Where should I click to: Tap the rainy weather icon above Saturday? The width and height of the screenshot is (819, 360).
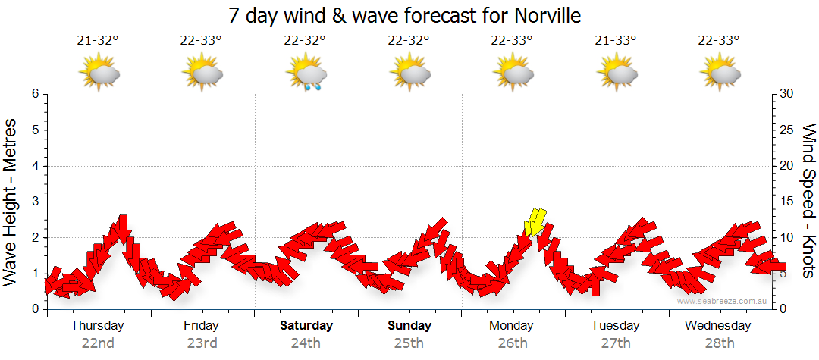point(306,74)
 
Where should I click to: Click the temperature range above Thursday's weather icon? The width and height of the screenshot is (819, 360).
point(98,41)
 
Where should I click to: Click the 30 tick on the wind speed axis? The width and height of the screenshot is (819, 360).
point(788,94)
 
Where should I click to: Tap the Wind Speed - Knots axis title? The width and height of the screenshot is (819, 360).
point(808,201)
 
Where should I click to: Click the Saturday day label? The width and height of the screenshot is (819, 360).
point(306,326)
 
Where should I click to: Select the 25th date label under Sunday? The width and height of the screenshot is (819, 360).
point(409,343)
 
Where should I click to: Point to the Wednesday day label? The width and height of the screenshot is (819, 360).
point(717,326)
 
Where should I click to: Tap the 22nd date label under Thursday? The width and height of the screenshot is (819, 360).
point(98,343)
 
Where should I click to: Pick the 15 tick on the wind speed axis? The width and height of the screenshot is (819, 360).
point(788,202)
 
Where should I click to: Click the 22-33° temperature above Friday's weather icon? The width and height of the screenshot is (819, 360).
point(201,41)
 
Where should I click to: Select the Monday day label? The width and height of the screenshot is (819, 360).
point(511,326)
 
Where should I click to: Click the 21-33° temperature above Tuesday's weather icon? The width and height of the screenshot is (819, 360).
point(616,41)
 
